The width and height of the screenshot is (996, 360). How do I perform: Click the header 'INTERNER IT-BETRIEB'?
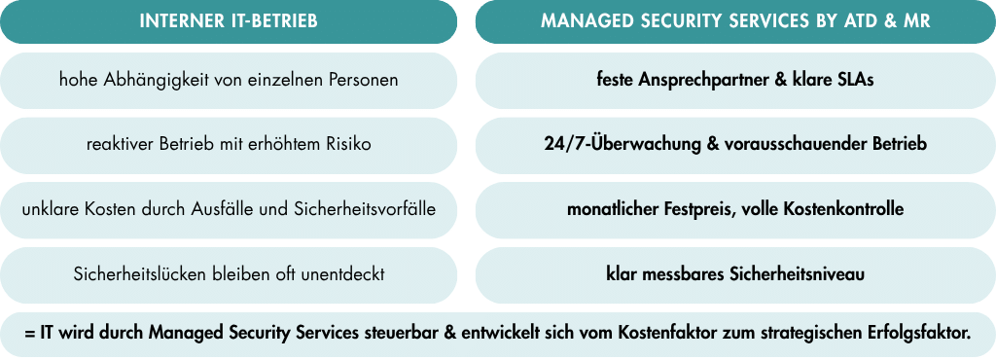(229, 21)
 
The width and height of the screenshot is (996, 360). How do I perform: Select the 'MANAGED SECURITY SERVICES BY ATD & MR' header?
(735, 21)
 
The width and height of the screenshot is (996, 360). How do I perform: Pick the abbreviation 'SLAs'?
(857, 81)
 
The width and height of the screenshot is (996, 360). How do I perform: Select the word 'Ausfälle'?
(221, 209)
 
